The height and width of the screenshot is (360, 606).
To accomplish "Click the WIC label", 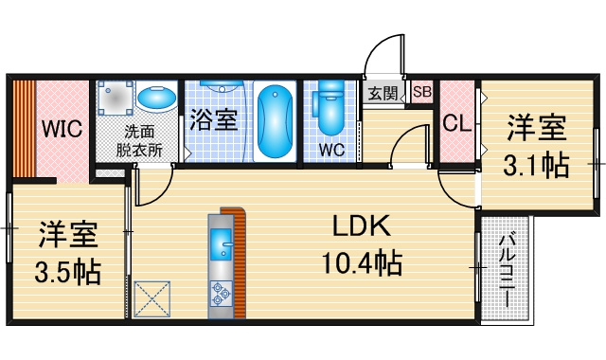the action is point(62,129).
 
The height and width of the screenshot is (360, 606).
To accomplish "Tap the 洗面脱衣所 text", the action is point(139,141).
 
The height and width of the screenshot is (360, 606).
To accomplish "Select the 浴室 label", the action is point(213,119).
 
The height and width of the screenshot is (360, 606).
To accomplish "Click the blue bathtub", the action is point(275,121).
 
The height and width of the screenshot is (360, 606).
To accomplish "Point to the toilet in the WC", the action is point(330,107).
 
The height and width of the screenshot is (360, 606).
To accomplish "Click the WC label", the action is point(331,150).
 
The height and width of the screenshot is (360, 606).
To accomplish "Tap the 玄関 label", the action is point(383,93).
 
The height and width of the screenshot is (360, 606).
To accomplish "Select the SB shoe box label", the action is point(421,92).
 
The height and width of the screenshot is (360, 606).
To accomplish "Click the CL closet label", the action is point(456,123).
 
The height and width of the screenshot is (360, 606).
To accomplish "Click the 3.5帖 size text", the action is point(68,272).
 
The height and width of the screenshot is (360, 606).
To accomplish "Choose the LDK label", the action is point(362,226).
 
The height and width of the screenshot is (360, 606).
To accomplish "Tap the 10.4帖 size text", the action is point(362,262).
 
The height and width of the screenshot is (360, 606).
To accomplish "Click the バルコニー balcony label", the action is point(507,269).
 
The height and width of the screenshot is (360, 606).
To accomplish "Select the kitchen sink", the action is point(222,244).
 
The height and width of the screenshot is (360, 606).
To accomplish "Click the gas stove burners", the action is point(221,293).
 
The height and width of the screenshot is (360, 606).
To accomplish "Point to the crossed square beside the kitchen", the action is point(152,299).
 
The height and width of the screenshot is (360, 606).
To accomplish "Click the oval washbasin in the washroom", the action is point(156,97).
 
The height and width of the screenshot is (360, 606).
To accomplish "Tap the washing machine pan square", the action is point(116,98).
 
